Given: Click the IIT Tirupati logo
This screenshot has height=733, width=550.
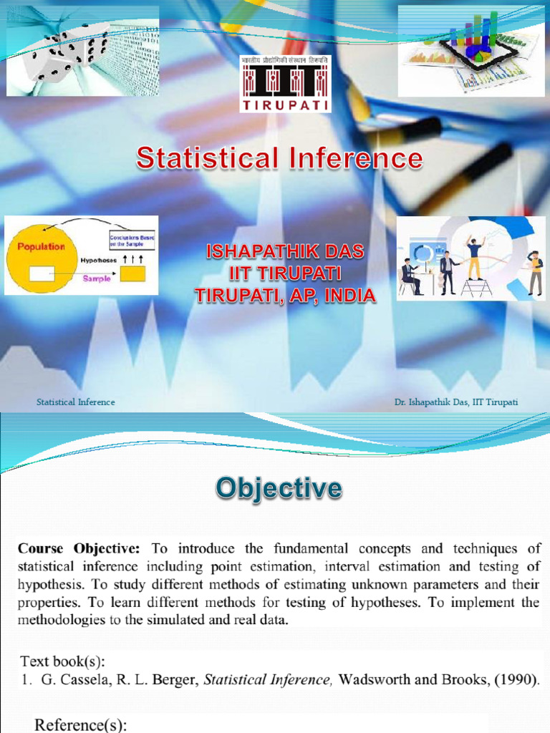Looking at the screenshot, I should (285, 84).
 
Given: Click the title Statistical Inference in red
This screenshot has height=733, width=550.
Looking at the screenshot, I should (279, 158).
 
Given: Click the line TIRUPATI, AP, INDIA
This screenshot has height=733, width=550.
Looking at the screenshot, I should (285, 294).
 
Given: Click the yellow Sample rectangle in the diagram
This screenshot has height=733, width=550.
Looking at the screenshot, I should (132, 273).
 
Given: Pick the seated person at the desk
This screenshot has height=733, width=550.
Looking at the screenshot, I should (411, 276).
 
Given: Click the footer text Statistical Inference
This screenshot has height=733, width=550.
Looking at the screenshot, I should (76, 402).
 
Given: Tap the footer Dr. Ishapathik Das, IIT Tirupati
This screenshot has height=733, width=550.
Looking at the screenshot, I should (455, 402).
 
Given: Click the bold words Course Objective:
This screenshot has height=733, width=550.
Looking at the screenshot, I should (79, 549).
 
